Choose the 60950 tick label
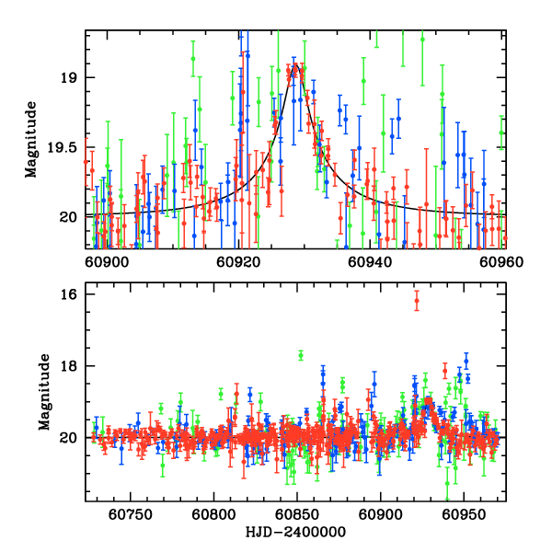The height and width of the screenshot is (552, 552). coord(463,516)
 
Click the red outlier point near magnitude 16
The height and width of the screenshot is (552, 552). coord(417,301)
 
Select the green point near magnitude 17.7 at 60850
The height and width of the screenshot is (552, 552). coord(301,355)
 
